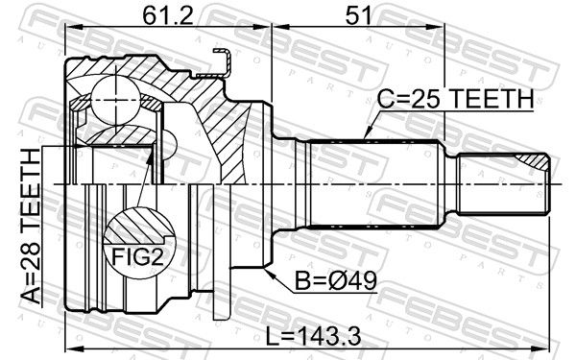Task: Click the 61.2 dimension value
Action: click(167, 15)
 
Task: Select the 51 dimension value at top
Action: click(358, 15)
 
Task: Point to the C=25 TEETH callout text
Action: click(455, 99)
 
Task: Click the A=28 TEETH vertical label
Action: click(31, 227)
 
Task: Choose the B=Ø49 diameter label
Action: click(336, 281)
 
